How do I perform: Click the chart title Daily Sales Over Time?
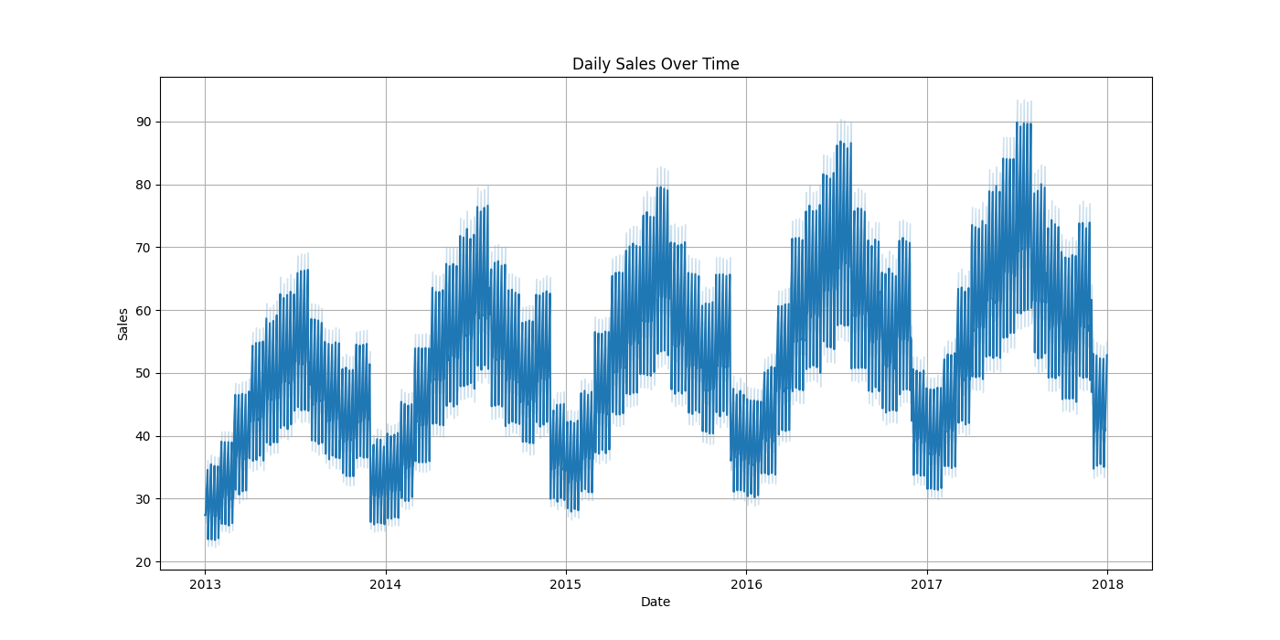pos(656,64)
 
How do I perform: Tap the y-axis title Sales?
pos(123,324)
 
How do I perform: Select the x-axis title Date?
pos(656,602)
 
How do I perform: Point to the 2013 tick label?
pos(205,583)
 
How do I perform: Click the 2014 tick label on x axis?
pos(385,583)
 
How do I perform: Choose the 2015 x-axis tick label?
pos(566,583)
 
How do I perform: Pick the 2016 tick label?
pos(746,583)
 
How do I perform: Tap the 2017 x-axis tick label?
pos(927,583)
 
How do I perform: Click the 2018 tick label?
pos(1107,583)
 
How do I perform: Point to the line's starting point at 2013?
pos(205,515)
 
